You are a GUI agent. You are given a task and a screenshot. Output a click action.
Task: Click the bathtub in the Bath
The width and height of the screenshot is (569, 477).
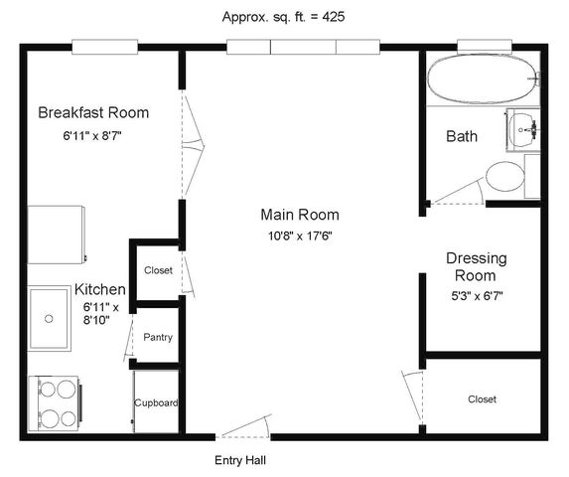click(483, 79)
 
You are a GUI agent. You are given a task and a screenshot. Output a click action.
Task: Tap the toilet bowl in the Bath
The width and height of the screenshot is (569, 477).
click(504, 177)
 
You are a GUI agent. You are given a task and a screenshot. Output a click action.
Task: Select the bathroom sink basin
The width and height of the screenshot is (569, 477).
click(522, 129)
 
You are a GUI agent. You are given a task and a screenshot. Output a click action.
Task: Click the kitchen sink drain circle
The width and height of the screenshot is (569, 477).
click(49, 319)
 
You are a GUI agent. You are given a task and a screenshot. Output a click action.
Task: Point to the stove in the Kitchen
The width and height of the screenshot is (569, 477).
click(55, 403)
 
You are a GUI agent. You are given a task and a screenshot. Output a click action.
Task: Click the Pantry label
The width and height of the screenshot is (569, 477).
click(158, 337)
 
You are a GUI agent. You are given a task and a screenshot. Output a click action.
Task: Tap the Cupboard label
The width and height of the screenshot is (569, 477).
click(156, 402)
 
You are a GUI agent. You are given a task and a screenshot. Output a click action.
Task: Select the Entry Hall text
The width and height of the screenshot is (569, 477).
click(240, 460)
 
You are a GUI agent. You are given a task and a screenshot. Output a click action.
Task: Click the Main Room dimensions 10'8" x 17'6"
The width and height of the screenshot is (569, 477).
click(300, 237)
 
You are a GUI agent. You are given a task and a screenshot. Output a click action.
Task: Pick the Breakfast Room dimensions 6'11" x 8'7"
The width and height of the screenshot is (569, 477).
click(92, 136)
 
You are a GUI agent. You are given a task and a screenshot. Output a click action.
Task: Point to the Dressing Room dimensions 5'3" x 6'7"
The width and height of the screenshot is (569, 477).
click(477, 296)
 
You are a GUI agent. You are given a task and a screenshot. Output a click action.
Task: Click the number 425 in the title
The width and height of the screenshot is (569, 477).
click(333, 17)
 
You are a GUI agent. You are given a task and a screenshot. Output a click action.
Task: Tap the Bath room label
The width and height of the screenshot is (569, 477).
click(462, 136)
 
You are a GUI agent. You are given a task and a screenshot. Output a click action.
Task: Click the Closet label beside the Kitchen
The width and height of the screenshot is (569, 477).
click(158, 270)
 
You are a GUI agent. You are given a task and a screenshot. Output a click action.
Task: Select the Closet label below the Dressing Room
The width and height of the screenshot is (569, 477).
click(482, 399)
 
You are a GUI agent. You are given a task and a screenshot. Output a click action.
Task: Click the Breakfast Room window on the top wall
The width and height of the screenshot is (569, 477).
click(104, 47)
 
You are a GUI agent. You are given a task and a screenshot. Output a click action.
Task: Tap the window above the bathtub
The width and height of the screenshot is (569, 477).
click(485, 46)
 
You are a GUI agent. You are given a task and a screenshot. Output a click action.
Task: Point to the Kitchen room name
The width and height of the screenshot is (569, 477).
click(100, 289)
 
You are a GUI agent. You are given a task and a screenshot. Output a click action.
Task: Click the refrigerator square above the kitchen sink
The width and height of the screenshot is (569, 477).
click(57, 235)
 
